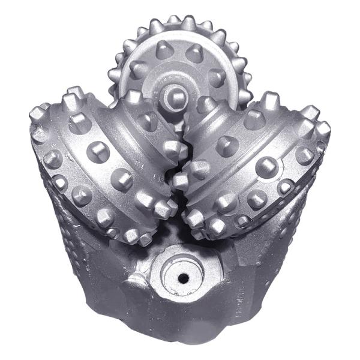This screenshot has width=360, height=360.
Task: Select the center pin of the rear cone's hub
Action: [x=175, y=94]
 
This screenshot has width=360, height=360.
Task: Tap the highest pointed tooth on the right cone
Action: [x=271, y=99]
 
